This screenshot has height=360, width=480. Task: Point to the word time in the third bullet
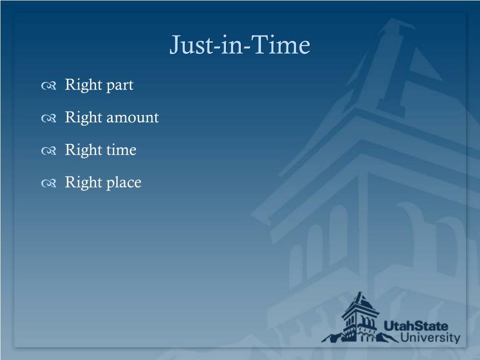(x=121, y=150)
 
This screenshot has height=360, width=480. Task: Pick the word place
(x=124, y=183)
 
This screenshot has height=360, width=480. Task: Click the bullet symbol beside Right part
(x=49, y=86)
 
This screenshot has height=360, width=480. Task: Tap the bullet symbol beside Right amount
(x=49, y=118)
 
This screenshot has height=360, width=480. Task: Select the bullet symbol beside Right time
(x=49, y=151)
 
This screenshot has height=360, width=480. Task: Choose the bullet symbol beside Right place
(x=49, y=183)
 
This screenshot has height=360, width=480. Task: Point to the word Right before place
(x=83, y=183)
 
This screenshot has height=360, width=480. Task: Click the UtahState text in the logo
(x=415, y=326)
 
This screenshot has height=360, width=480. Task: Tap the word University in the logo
(x=430, y=337)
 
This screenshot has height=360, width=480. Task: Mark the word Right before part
(x=83, y=85)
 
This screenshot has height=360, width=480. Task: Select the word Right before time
(x=83, y=150)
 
